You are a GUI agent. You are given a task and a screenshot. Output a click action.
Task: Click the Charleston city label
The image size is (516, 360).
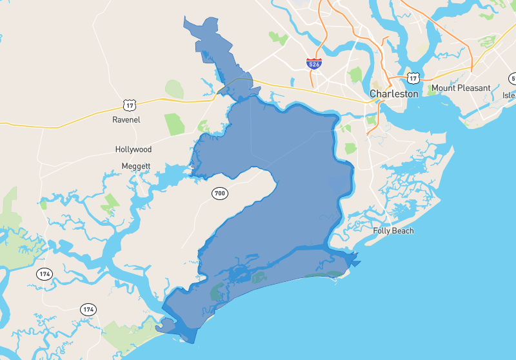(x=393, y=94)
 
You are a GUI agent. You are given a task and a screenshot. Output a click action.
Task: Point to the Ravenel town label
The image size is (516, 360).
(x=126, y=119)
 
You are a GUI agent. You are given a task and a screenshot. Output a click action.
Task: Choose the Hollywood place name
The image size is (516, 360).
(x=134, y=149)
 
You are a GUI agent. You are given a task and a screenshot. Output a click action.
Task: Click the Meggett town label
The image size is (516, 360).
(x=135, y=166)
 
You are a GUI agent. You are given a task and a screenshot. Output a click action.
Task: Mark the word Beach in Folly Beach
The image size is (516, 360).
(x=404, y=230)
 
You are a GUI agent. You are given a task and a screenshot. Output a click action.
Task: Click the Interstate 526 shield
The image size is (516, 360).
(x=313, y=63)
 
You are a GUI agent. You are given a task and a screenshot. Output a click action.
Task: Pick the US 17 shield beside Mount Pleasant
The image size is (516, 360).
(x=413, y=77)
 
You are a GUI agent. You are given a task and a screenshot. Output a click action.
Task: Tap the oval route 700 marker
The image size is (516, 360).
(x=219, y=193)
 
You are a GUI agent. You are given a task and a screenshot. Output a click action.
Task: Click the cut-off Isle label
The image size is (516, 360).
(x=510, y=95)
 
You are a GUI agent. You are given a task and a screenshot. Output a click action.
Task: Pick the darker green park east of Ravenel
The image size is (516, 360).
(x=174, y=122)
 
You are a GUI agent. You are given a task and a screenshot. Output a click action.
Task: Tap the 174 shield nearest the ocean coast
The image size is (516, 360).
(x=88, y=310)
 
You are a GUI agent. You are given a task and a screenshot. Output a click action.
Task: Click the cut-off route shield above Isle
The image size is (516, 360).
(x=513, y=79)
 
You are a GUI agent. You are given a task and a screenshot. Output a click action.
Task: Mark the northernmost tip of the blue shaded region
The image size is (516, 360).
(x=185, y=17)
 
